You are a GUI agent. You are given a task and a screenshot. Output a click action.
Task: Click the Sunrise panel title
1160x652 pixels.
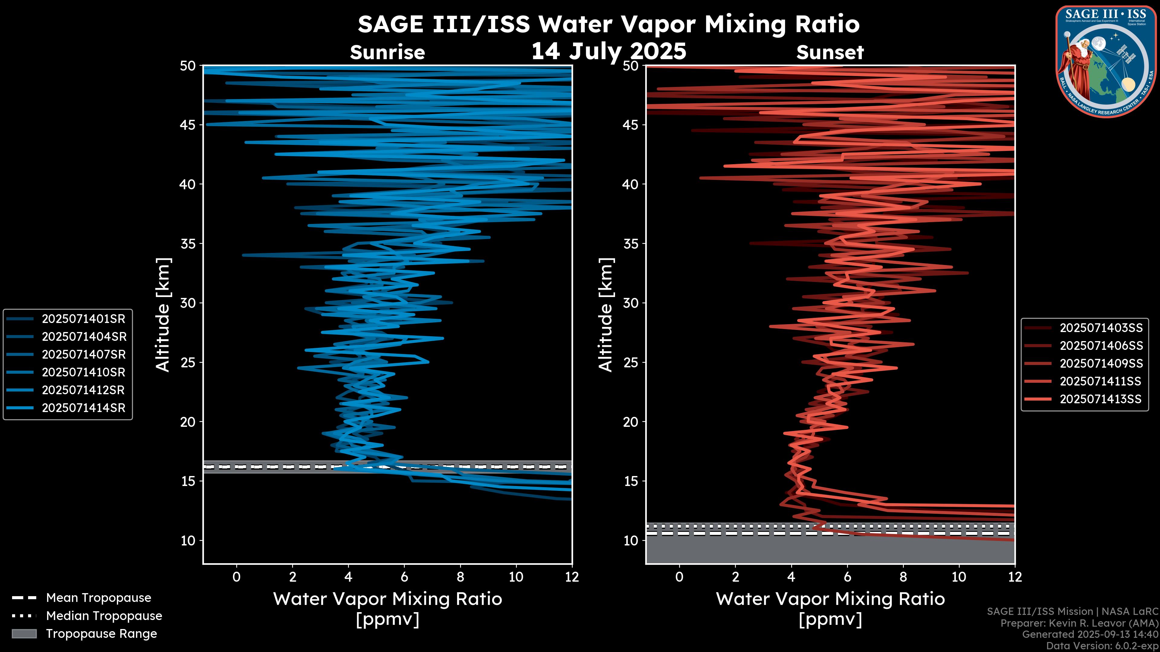387,53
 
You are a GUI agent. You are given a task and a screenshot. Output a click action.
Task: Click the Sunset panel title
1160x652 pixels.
830,53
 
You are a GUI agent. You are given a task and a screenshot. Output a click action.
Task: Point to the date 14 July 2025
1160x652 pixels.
609,51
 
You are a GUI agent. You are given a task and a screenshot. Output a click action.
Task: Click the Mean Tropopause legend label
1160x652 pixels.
98,598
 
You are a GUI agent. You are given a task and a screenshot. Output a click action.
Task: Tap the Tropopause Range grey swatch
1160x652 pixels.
24,634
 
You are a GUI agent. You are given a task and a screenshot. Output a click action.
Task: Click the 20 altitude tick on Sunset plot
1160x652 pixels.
631,422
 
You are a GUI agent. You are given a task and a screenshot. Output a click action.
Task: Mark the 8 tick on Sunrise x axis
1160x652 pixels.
460,577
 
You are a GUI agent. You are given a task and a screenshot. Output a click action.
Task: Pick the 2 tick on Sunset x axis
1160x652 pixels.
735,577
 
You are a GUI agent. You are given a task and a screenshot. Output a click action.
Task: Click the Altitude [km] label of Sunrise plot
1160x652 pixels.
163,315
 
